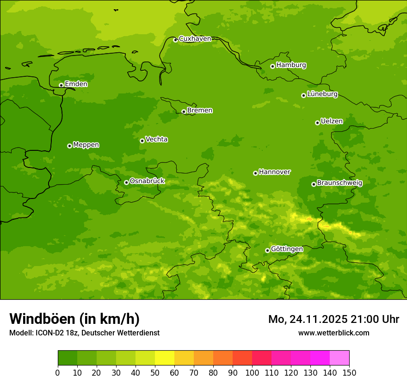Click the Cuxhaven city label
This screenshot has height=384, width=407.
195,38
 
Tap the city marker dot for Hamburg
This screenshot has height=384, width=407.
272,66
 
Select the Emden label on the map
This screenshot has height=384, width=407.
76,84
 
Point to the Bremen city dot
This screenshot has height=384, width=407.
184,111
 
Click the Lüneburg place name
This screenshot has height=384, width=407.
322,94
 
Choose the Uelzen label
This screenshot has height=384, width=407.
332,121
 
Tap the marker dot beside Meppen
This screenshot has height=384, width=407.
69,146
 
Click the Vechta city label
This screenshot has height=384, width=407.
156,139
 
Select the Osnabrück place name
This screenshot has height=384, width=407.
147,181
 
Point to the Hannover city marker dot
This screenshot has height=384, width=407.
255,173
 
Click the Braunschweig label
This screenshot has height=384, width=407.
339,183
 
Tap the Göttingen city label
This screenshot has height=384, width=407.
287,249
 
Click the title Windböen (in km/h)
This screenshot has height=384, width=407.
74,319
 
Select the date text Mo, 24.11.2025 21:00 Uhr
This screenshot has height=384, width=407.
333,319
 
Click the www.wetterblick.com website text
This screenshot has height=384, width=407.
333,333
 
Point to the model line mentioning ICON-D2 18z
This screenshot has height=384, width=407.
84,333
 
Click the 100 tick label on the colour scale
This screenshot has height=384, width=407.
252,373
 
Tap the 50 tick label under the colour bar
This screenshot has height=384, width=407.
155,373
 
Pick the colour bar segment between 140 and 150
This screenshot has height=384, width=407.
339,358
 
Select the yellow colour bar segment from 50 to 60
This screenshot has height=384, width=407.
165,358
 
